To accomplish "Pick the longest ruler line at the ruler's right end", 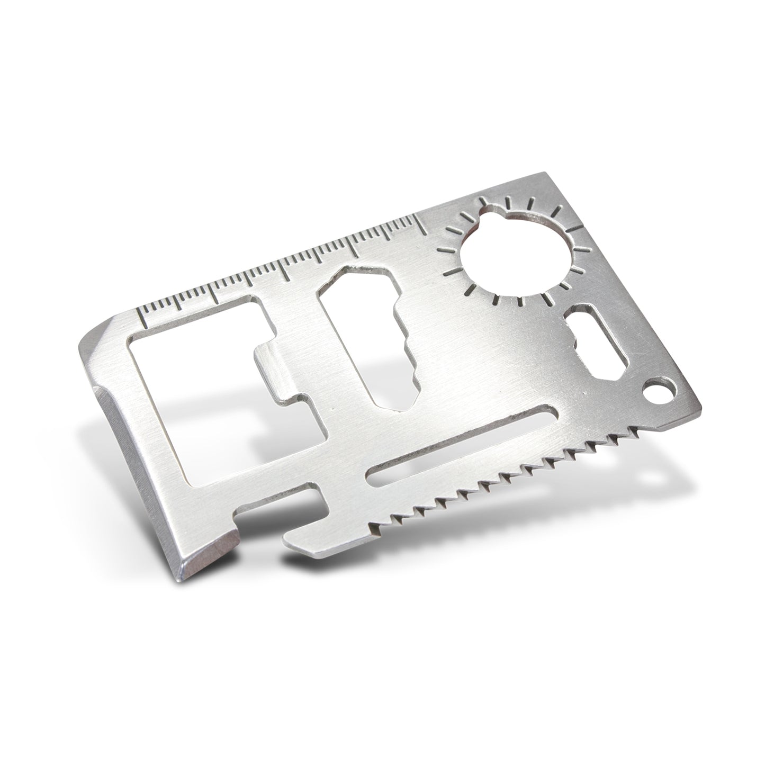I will tap(420, 222).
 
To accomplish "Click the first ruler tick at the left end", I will tap(142, 316).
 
